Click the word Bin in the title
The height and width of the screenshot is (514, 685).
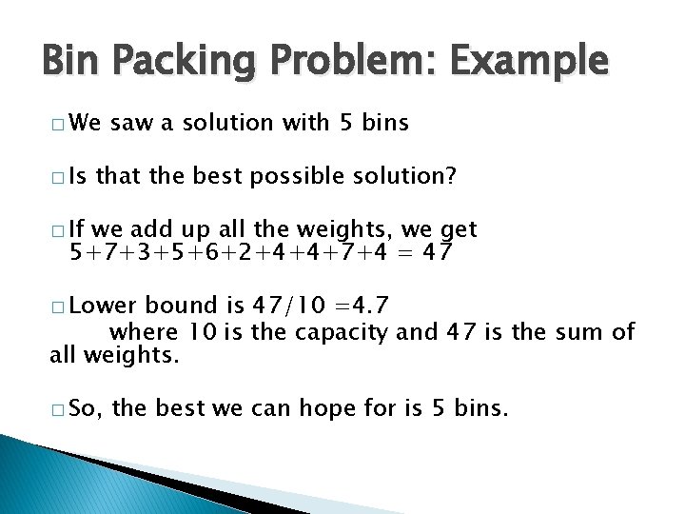click(72, 61)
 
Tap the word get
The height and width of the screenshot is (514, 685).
click(458, 231)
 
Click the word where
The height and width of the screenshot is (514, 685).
click(144, 332)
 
